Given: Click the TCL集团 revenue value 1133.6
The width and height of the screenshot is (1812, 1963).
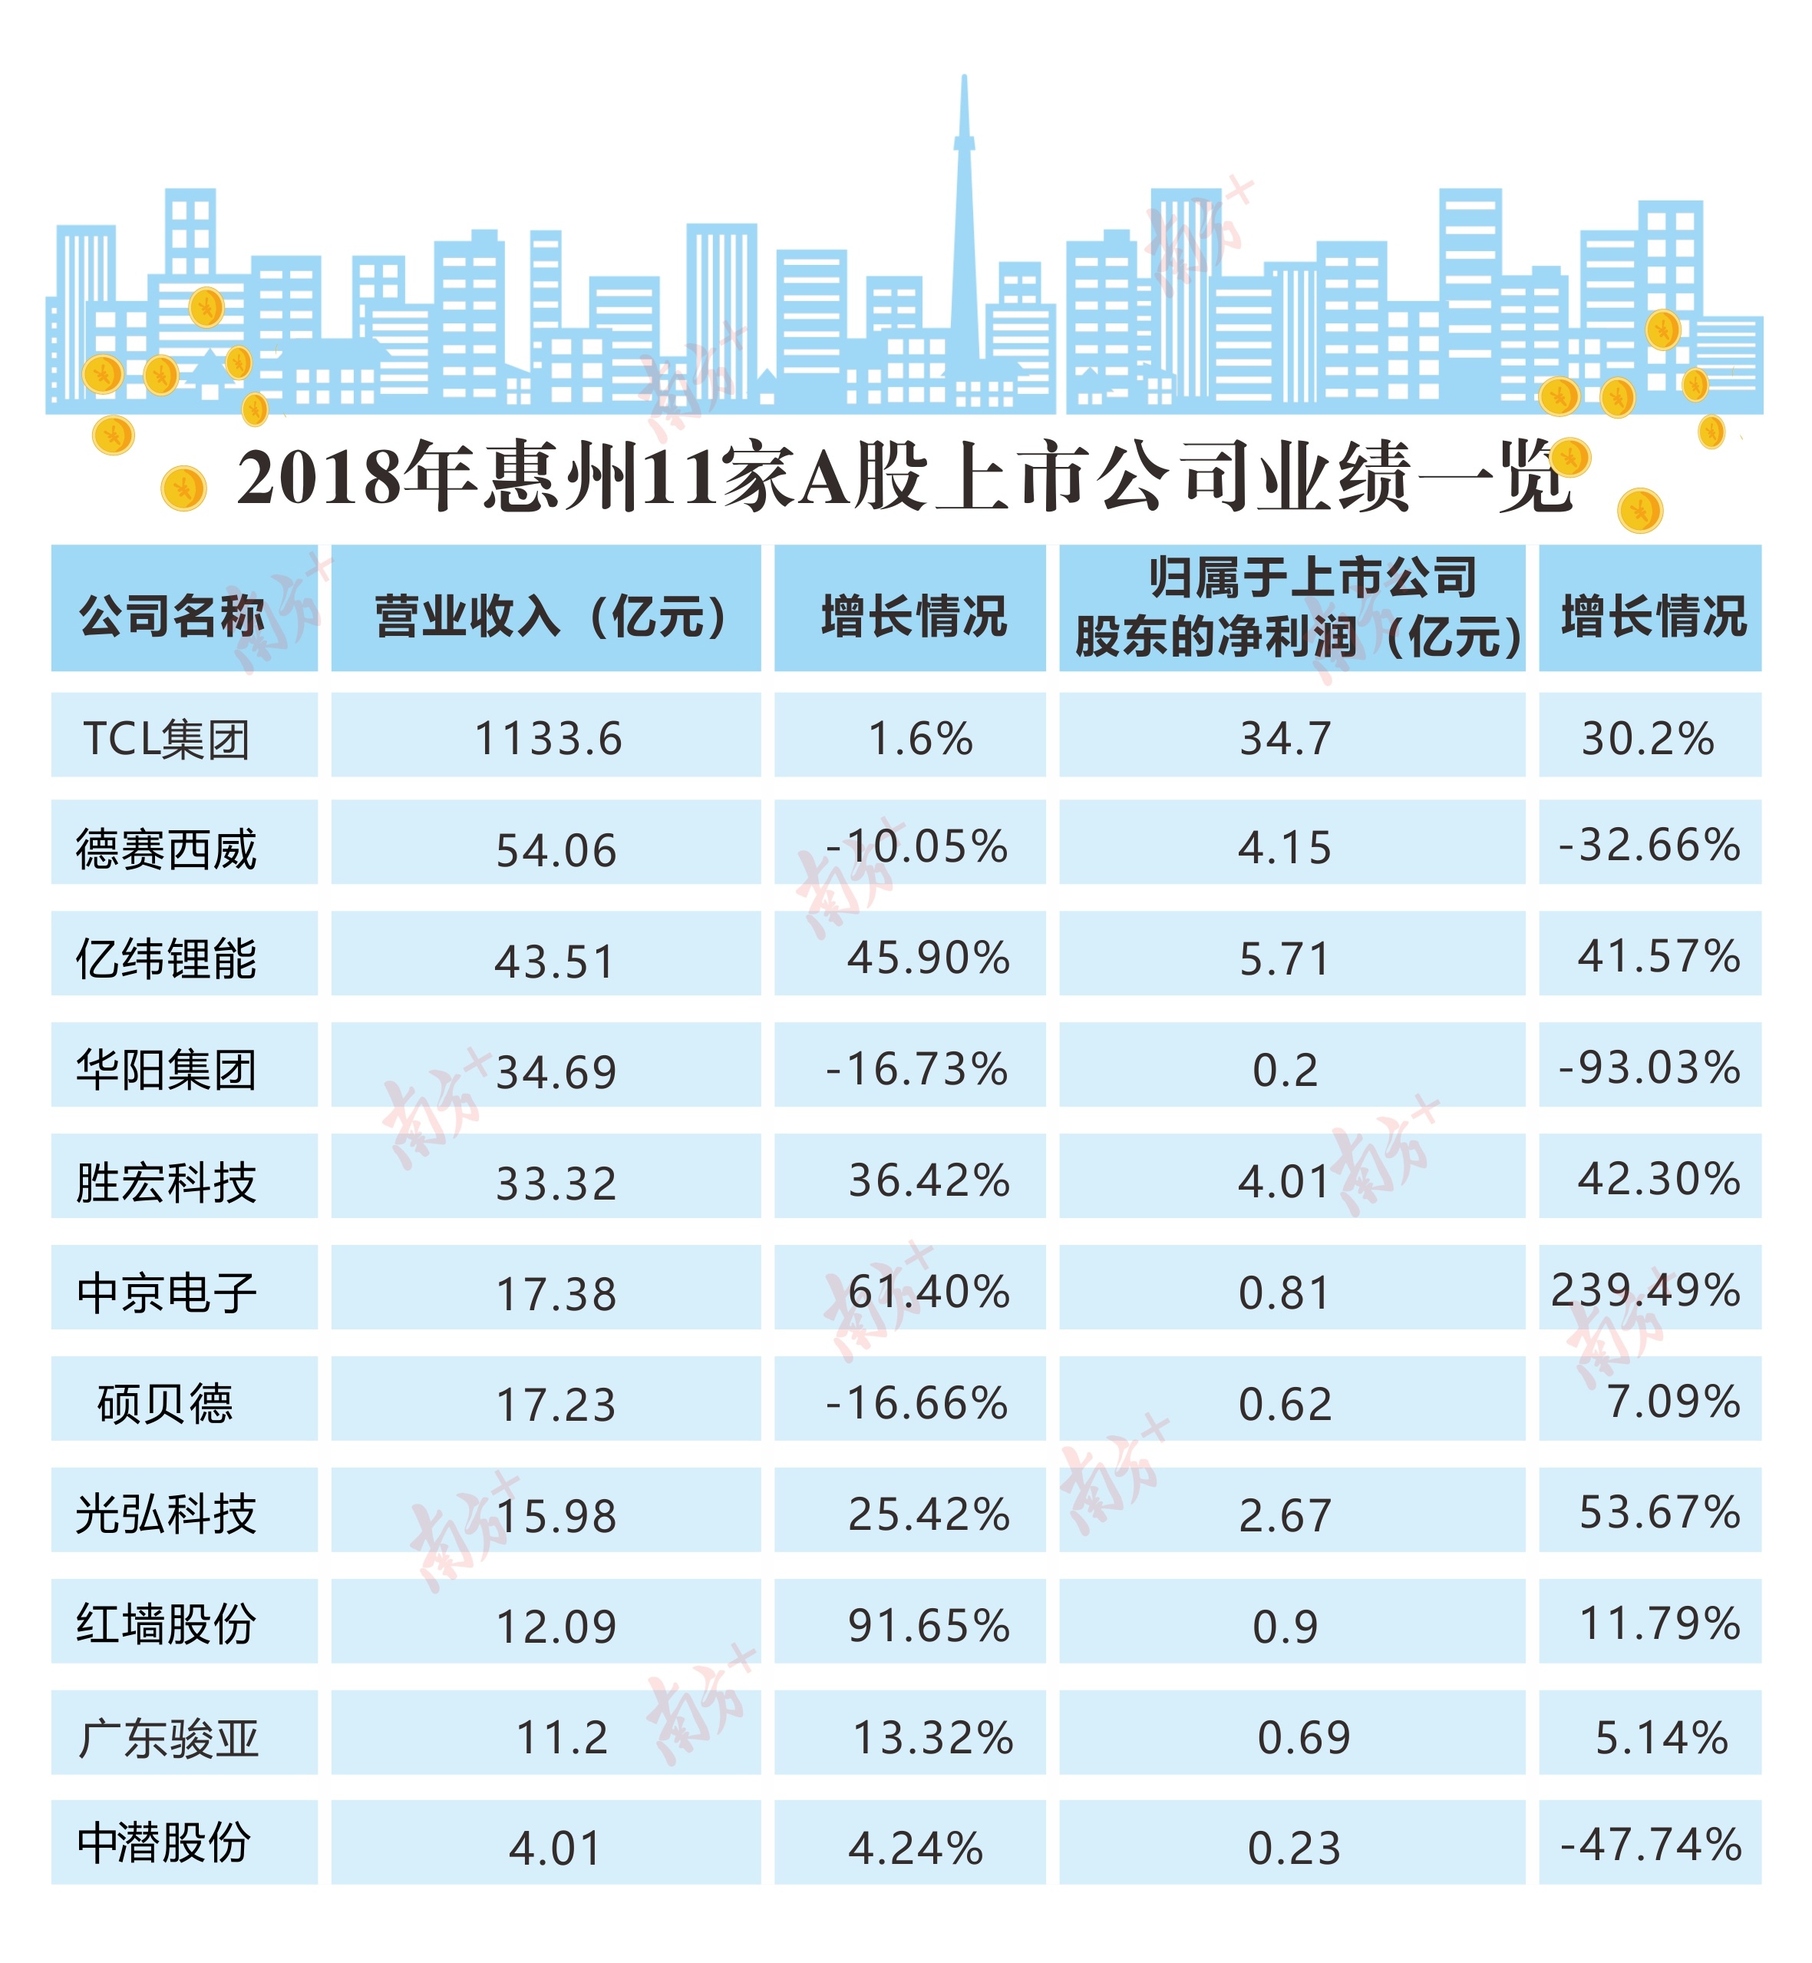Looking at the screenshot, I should tap(547, 739).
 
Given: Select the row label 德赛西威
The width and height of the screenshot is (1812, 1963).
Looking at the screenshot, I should tap(167, 849).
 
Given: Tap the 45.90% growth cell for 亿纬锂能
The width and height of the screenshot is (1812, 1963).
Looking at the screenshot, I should tap(928, 958).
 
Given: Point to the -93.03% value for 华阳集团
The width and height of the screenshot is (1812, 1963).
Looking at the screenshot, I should tap(1649, 1068).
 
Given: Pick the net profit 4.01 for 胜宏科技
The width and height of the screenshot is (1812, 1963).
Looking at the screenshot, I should tap(1283, 1181).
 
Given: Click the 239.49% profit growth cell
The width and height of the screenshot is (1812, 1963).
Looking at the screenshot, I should tap(1645, 1290).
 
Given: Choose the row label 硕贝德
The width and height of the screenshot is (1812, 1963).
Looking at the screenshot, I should tap(165, 1403).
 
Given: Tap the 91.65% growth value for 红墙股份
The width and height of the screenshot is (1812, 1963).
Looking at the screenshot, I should tap(928, 1626).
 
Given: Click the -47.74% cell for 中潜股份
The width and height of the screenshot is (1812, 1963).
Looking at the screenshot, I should tap(1650, 1845).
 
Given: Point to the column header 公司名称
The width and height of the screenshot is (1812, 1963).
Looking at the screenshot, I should tap(172, 616).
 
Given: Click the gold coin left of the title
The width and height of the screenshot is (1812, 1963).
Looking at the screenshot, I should tap(183, 488).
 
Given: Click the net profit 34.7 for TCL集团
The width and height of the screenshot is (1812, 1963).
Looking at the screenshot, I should tap(1286, 739).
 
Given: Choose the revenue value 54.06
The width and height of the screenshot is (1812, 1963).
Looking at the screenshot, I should tap(556, 850).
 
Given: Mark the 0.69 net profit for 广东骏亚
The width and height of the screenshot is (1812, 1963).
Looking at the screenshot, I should tap(1303, 1737).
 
